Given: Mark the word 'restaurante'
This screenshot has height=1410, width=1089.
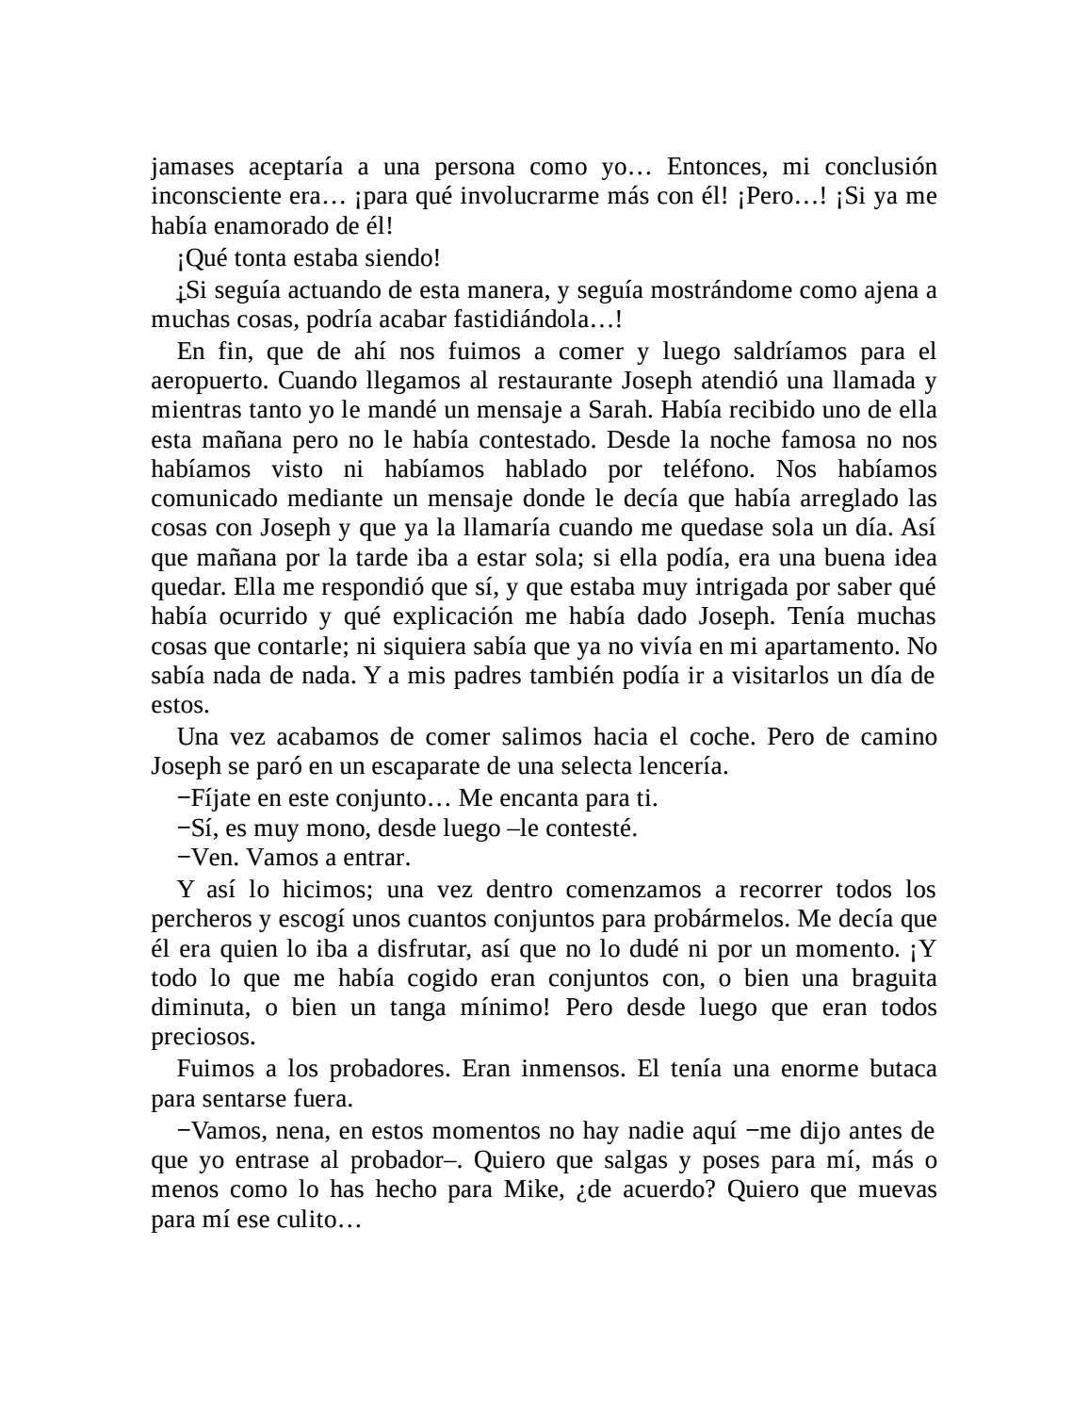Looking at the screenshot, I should tap(561, 382).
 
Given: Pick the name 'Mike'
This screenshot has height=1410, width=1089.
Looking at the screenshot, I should tap(530, 1189).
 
